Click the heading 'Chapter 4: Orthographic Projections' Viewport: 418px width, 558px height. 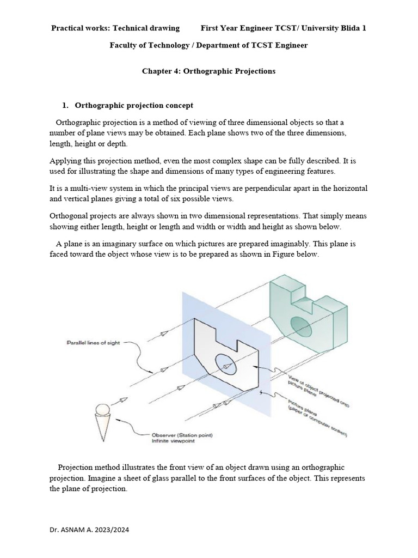[208, 71]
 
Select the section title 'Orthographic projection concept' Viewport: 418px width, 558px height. [133, 105]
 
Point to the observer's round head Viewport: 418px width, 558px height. [103, 409]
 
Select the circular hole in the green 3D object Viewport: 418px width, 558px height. [299, 323]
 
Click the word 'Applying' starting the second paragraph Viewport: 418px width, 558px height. [64, 161]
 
